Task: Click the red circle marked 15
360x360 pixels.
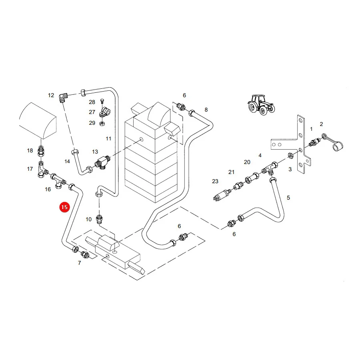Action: [64, 207]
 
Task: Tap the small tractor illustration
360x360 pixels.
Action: [261, 105]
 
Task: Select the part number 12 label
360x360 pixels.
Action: [51, 95]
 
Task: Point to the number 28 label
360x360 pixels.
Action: [92, 102]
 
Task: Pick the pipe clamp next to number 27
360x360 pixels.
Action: [104, 112]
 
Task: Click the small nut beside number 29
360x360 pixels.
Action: [102, 124]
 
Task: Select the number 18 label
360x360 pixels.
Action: [30, 150]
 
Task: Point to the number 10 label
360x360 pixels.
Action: [89, 219]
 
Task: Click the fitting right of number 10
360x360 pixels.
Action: [99, 220]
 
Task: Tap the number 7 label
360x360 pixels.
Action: [80, 263]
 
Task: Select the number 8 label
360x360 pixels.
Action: [206, 110]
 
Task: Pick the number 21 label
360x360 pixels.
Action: [232, 172]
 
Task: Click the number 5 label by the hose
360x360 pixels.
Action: [288, 198]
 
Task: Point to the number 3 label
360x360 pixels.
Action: [290, 169]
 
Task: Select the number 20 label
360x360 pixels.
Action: [247, 162]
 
